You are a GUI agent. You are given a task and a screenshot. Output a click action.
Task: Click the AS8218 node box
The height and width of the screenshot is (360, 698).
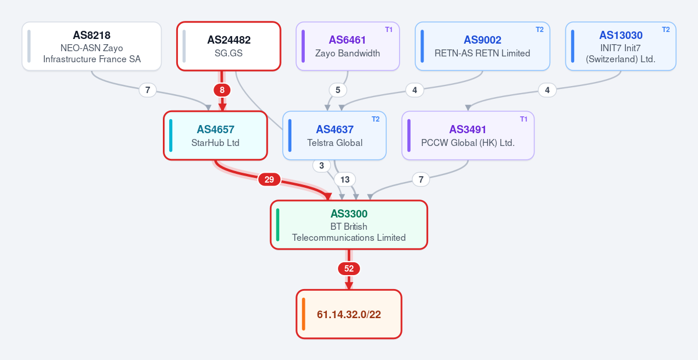pos(92,46)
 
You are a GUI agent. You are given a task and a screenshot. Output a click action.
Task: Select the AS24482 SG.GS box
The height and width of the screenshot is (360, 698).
pos(229,46)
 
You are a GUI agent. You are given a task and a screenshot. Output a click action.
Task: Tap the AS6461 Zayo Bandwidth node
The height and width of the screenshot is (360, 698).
pos(348,46)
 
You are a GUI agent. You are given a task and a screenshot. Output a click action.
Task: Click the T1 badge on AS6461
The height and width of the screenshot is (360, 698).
pos(389,30)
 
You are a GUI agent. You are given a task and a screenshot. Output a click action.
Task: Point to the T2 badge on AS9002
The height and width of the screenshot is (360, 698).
pos(539,30)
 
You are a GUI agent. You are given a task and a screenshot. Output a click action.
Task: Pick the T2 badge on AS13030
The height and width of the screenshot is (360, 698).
pos(665,30)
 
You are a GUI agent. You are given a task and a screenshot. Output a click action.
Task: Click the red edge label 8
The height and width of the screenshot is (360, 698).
pos(222,90)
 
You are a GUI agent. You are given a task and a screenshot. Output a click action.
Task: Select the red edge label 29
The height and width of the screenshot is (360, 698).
pos(269,180)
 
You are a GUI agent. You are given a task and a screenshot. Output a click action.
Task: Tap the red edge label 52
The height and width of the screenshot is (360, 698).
pos(349,269)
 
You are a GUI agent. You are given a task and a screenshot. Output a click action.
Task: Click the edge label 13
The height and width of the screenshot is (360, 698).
pos(344,180)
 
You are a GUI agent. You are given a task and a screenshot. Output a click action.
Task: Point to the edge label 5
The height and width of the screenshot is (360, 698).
pos(338,90)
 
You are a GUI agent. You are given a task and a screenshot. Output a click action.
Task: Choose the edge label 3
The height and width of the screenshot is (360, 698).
pos(322,166)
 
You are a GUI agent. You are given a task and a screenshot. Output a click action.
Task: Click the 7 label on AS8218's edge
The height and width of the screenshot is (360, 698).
pos(148,90)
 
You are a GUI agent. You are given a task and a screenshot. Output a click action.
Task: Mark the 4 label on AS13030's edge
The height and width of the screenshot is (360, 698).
pos(547,90)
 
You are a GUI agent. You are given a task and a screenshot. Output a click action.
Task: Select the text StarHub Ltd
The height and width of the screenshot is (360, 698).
pos(215,142)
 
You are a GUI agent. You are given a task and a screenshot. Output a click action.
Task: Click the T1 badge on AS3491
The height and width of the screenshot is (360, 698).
pos(523,119)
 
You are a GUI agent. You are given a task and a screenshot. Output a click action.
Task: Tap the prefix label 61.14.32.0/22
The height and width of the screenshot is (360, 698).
pos(349,315)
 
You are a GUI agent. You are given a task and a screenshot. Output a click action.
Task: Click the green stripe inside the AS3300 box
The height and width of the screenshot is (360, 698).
pos(277,225)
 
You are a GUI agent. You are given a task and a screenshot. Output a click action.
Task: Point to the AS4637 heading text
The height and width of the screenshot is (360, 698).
pos(334,129)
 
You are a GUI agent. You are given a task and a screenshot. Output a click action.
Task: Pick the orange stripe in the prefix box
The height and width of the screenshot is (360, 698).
pos(304,314)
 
